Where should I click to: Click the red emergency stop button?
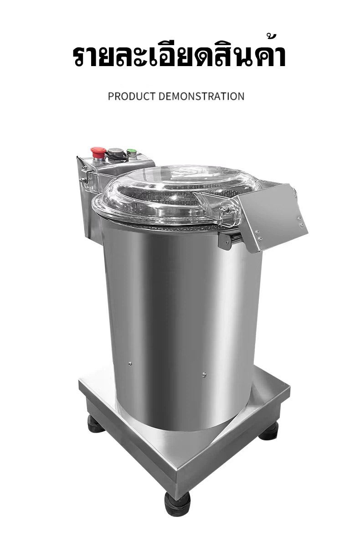[x=98, y=152]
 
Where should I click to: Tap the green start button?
[x=131, y=152]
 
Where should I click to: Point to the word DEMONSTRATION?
[x=201, y=96]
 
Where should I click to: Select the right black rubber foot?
[x=268, y=431]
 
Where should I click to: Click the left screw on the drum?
[x=130, y=363]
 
